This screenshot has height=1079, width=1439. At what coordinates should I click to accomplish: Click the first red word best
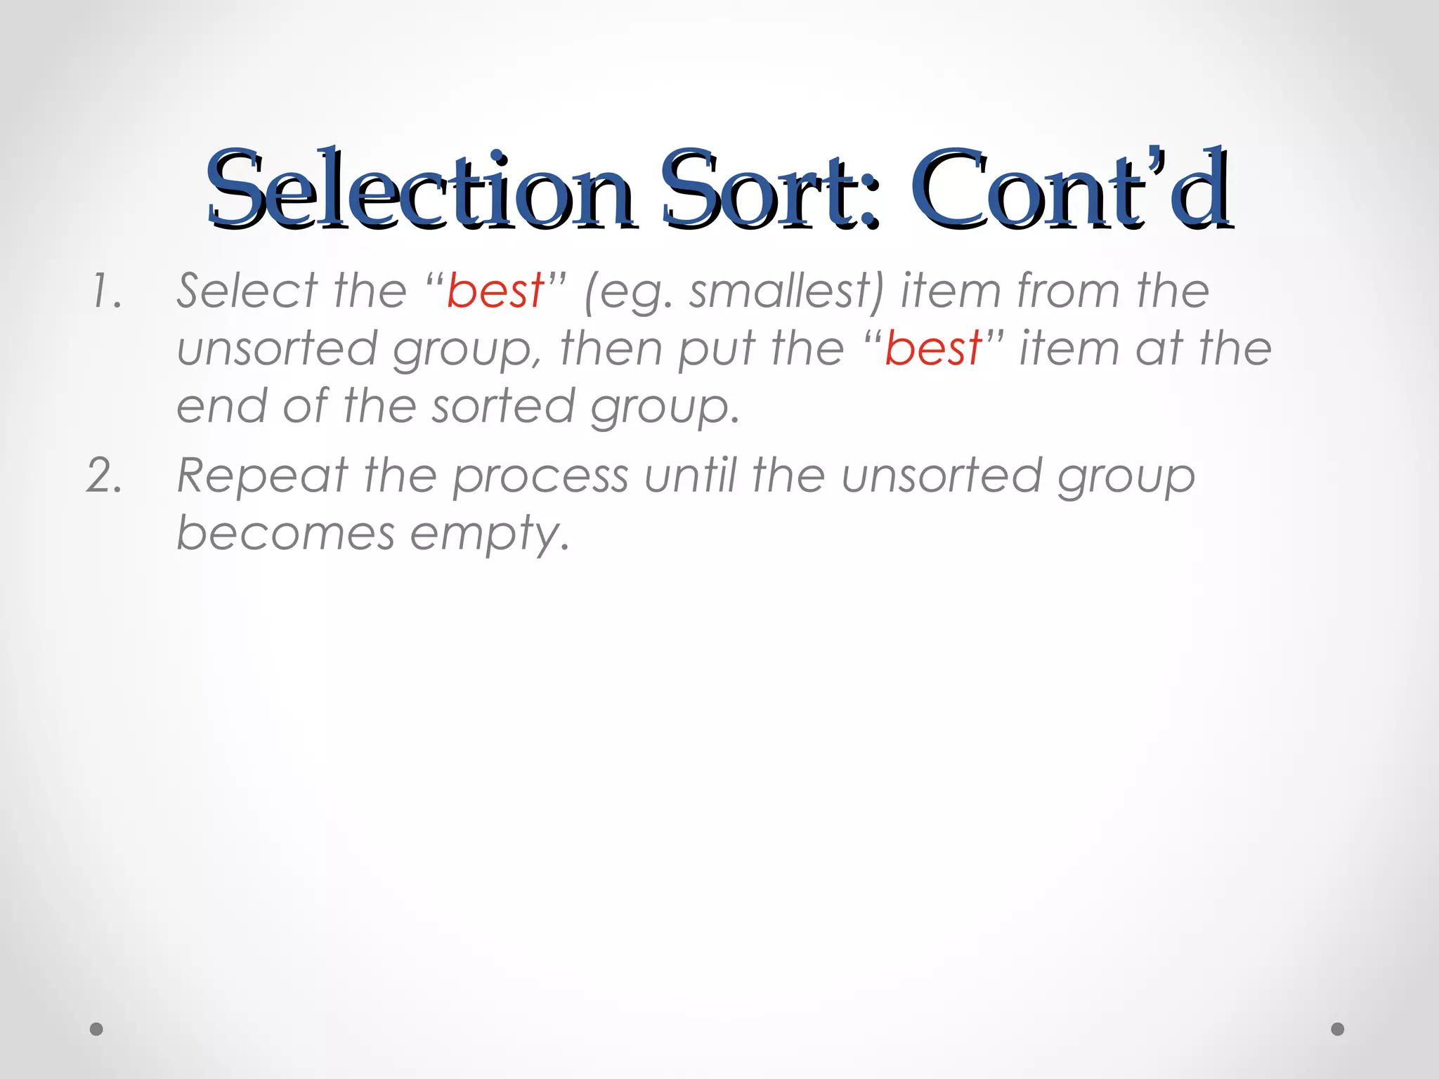coord(495,291)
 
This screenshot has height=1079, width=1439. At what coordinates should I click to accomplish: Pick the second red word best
coord(932,348)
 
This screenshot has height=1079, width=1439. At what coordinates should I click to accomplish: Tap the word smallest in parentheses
coord(779,292)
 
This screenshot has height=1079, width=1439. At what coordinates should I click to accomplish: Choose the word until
coord(691,476)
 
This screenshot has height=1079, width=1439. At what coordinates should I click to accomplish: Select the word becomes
coord(285,533)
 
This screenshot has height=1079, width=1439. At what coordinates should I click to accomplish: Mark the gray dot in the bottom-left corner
coord(97,1029)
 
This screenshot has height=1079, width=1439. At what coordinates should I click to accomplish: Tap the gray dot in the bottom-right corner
coord(1338,1029)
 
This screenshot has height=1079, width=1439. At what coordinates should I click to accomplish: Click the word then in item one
coord(611,349)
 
